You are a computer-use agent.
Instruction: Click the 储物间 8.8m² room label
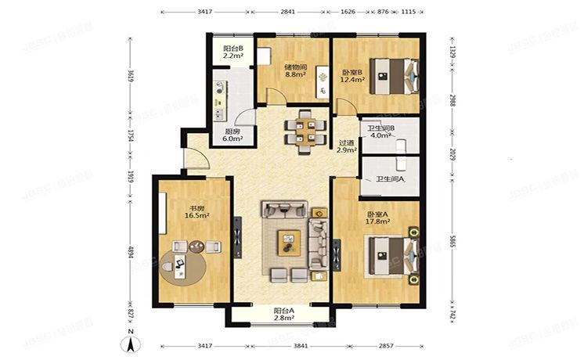pos(294,71)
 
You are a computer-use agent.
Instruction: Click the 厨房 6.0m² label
pos(233,135)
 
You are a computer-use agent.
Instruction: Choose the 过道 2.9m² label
pos(347,146)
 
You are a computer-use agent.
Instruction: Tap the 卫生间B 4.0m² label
pos(380,131)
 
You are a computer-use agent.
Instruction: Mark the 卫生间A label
pos(390,179)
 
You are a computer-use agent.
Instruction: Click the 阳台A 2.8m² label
pos(283,314)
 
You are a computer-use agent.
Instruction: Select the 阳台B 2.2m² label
pos(233,52)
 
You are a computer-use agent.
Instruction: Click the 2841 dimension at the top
pos(288,13)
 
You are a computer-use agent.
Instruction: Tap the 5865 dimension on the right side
pos(453,246)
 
